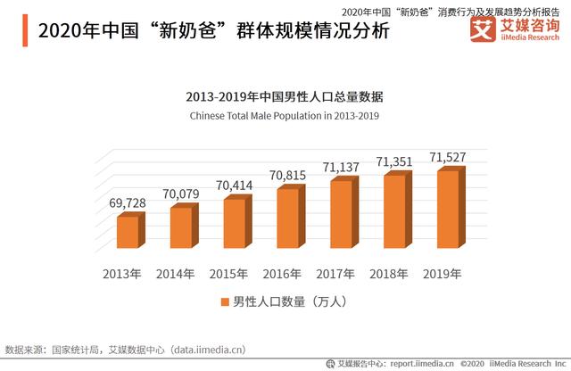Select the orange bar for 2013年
128,231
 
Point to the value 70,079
182,194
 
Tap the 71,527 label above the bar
448,157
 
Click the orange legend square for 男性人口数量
225,303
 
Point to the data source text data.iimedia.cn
209,349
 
